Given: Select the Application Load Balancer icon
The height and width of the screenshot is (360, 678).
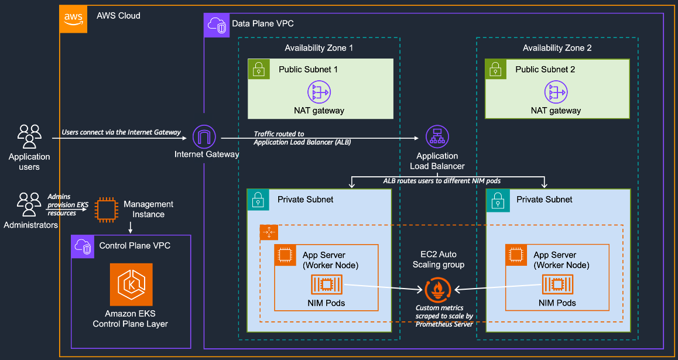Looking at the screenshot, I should point(437,138).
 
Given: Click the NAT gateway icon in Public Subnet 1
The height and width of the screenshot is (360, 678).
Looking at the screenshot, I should point(319,92).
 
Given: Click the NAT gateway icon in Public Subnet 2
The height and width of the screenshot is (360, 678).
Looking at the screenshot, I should point(556,92).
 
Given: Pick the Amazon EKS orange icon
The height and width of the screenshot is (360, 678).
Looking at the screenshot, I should point(131,284).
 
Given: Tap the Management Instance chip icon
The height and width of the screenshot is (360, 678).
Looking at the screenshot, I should point(107,210).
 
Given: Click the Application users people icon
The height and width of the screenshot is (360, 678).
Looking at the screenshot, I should point(29,136).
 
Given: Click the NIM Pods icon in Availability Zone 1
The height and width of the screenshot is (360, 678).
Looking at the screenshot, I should point(327,285).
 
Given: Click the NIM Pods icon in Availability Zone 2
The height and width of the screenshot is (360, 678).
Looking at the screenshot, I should point(557,285).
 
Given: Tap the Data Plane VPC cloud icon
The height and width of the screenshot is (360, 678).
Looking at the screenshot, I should point(216,25).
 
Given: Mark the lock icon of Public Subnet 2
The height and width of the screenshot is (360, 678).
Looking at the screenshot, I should point(496,68).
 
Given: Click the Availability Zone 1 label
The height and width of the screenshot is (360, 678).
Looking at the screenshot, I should point(319,48).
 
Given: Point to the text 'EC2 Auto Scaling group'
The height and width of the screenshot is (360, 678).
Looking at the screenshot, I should point(439,259).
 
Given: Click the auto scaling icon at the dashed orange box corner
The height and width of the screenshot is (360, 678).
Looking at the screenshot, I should point(269,232).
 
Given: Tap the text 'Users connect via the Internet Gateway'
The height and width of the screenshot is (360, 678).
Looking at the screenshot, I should point(121,132).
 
